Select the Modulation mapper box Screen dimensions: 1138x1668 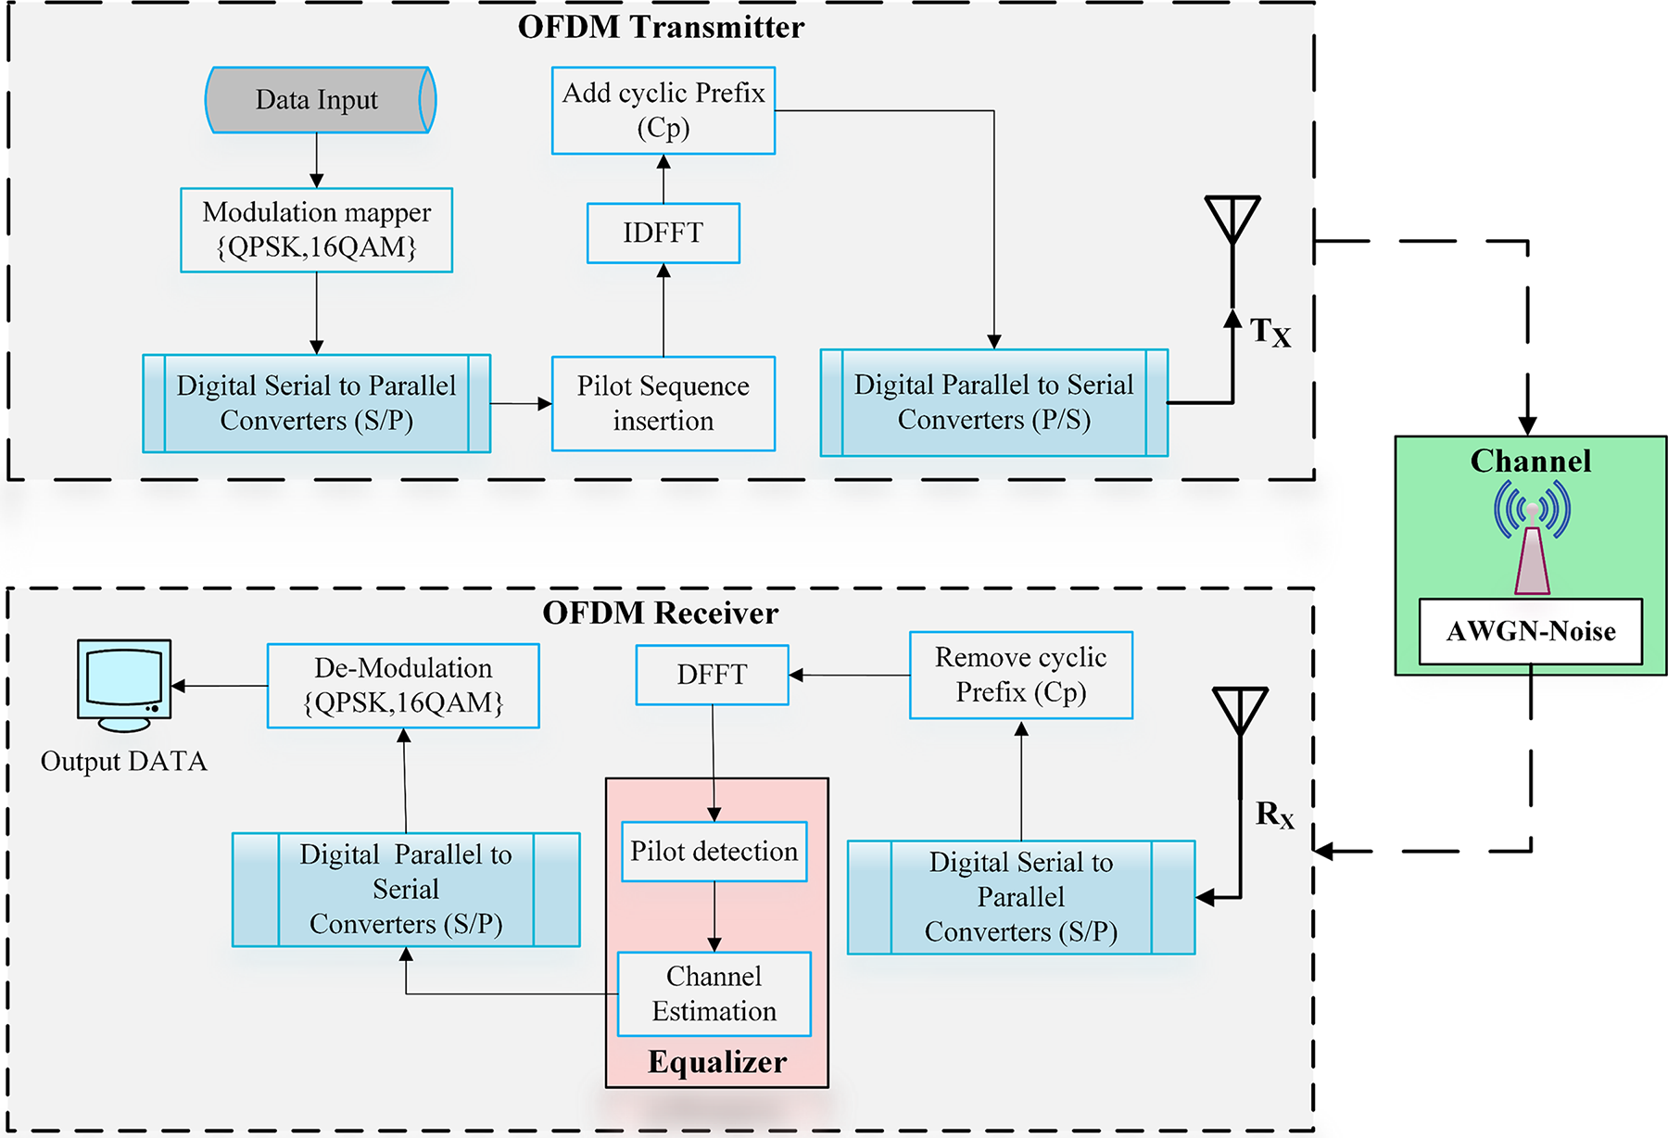coord(316,230)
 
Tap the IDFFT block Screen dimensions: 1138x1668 coord(663,233)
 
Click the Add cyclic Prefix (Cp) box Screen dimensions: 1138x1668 coord(663,110)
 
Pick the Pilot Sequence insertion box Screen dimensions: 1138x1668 coord(663,403)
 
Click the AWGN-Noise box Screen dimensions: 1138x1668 coord(1530,631)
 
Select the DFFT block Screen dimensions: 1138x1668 coord(712,675)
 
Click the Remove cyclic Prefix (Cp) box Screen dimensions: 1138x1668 coord(1020,675)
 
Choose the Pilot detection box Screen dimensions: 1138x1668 coord(714,851)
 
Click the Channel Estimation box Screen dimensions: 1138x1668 coord(714,993)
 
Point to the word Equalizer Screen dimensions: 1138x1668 coord(717,1062)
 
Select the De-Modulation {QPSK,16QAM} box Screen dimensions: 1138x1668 coord(403,686)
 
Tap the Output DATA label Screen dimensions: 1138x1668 coord(124,762)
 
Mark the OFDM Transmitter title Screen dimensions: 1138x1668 coord(661,27)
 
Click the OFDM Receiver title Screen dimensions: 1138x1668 coord(661,613)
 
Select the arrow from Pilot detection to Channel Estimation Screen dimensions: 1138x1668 coord(714,916)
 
